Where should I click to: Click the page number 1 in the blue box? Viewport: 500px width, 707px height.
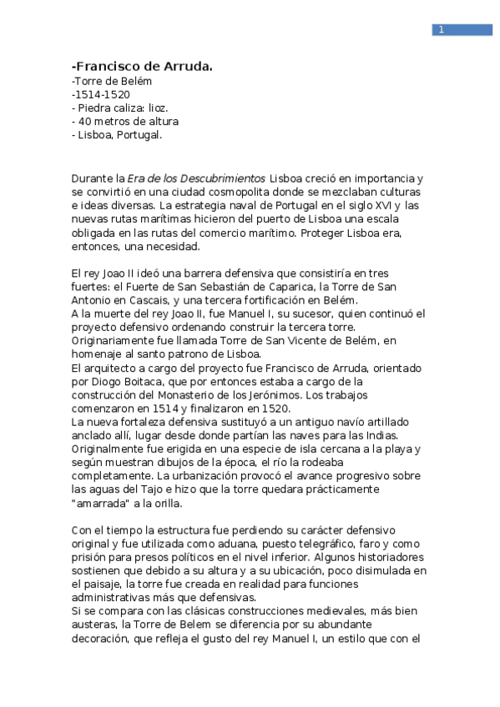[x=440, y=31]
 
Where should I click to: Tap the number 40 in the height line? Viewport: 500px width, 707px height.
[x=89, y=121]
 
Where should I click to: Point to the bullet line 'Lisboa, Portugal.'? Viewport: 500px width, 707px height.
[x=120, y=134]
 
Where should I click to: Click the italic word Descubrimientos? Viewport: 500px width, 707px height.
[x=231, y=178]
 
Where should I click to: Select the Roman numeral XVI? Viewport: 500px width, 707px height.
[x=380, y=204]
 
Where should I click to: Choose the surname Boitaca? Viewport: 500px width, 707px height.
[x=161, y=381]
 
